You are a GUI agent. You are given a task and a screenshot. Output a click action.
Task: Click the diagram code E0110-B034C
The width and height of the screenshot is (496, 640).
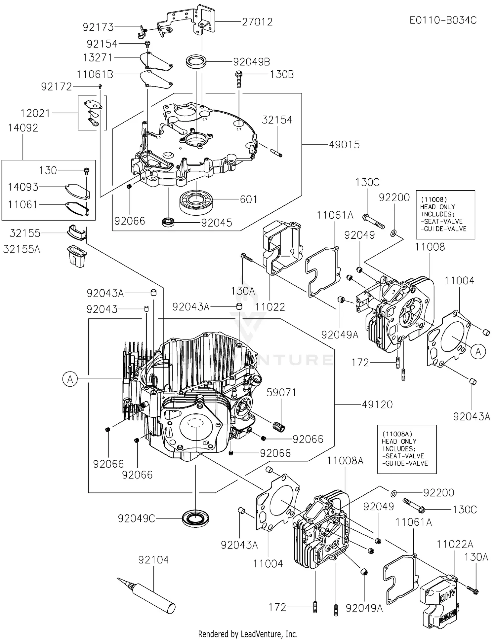443,20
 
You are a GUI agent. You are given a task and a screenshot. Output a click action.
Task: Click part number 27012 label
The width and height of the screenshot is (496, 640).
257,22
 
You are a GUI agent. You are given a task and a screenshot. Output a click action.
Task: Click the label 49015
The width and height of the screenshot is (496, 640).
344,145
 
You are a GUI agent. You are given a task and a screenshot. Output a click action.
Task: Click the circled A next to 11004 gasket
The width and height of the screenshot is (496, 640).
478,352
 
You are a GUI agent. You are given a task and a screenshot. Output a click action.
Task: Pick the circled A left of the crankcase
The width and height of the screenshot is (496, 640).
70,379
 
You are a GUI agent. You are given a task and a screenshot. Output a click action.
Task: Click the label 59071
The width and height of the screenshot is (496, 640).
281,392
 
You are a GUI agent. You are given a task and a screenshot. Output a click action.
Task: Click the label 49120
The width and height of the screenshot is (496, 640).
377,405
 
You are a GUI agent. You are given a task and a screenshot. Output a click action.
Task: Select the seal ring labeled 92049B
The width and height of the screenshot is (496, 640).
196,62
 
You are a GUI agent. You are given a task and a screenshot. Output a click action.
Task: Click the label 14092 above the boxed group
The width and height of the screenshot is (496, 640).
23,128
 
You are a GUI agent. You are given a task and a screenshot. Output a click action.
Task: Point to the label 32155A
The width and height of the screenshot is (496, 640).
21,249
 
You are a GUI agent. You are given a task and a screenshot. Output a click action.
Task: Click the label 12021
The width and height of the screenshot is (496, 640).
35,113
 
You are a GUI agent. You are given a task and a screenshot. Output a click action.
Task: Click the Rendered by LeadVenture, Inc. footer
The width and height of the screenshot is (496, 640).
248,634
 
